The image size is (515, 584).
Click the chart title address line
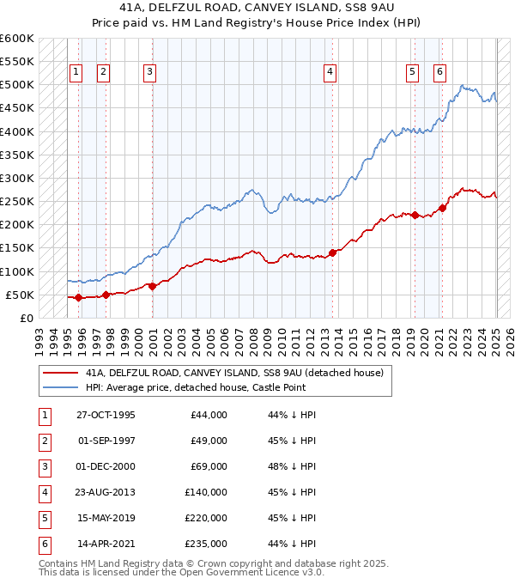tap(257, 8)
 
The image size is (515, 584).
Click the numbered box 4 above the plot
tap(330, 72)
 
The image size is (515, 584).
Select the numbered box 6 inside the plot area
tap(439, 72)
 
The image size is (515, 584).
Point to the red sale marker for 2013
tap(332, 252)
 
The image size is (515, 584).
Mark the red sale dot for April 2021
tap(443, 208)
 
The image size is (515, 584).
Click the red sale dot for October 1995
tap(78, 297)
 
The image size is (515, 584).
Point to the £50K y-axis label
tap(20, 295)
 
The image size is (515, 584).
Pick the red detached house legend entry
tap(233, 373)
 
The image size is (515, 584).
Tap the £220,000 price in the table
tap(206, 519)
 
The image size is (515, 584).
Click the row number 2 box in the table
tap(43, 441)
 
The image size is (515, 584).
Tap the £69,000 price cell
tap(209, 466)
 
